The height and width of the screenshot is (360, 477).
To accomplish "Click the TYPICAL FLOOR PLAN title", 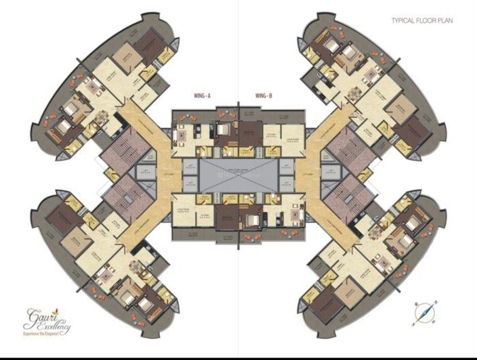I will tap(422, 21).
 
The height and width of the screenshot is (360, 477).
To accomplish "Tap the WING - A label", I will tap(201, 96).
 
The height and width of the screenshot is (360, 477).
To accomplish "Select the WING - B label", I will tap(264, 96).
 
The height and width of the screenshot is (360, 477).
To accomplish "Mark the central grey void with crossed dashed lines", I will tap(238, 177).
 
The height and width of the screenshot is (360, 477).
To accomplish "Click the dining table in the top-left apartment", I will tap(102, 117).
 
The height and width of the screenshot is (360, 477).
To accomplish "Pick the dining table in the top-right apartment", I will tap(355, 95).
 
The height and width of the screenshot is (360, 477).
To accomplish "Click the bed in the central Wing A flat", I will tap(223, 130).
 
